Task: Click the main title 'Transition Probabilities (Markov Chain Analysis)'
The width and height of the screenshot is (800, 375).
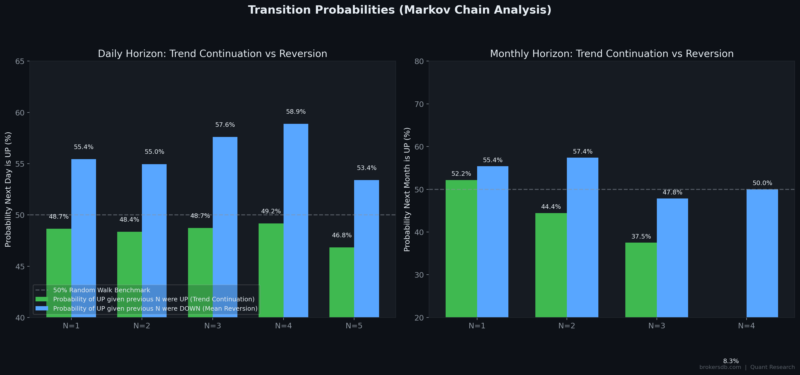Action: pos(399,10)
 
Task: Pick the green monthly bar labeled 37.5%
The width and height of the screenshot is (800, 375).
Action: pos(641,280)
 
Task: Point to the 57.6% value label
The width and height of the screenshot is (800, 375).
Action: pos(225,125)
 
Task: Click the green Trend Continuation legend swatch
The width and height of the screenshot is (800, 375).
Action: pos(42,299)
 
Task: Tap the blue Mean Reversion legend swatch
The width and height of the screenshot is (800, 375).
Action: pos(42,308)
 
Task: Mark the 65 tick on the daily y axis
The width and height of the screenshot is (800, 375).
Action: pos(20,62)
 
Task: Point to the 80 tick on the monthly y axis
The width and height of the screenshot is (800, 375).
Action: pos(419,62)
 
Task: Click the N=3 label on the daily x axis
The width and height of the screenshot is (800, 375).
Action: pos(212,326)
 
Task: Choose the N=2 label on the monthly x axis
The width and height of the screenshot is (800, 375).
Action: pos(567,326)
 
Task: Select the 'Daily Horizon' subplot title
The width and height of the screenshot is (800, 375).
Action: pos(212,54)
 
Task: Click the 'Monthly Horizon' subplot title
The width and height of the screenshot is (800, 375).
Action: pos(611,54)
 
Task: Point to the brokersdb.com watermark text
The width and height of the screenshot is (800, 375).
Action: pos(720,367)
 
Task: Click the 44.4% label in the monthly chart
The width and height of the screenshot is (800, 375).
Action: pos(551,207)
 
